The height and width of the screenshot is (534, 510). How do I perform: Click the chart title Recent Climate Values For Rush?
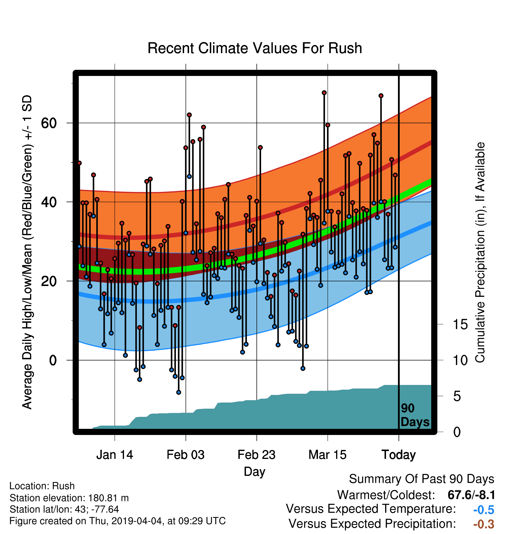255,48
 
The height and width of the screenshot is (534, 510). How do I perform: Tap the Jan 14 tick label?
115,455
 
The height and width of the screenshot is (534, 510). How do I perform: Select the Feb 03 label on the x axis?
186,455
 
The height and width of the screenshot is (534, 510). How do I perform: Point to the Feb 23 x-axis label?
256,455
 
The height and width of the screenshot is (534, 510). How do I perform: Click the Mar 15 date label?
327,455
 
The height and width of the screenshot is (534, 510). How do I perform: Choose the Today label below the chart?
399,455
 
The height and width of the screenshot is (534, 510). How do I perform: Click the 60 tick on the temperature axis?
49,123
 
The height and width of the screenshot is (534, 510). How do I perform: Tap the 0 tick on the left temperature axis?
53,360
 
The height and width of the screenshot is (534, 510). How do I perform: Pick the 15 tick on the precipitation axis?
460,324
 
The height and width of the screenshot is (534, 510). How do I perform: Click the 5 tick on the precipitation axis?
457,396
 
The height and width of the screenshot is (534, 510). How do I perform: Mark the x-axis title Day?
254,472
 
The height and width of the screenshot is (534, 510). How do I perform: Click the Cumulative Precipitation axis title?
480,252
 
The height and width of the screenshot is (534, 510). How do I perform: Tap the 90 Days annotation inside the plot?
415,415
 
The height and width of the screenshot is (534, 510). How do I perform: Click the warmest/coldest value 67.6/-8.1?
471,495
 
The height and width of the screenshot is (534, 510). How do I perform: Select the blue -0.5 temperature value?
484,510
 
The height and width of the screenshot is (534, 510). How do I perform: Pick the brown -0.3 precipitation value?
484,524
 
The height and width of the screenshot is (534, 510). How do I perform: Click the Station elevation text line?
69,498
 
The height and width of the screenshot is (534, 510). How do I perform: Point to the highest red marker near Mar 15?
324,93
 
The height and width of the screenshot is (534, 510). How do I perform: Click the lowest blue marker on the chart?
179,392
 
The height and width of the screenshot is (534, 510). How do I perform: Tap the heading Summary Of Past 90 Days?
422,479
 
